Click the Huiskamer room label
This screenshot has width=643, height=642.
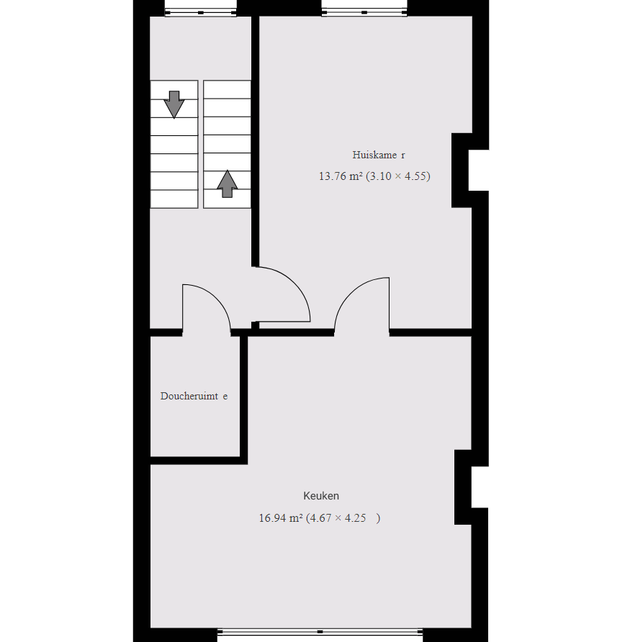click(379, 155)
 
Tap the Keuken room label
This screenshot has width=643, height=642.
click(321, 496)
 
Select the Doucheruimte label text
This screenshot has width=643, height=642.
click(194, 396)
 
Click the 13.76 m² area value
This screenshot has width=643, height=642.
click(341, 176)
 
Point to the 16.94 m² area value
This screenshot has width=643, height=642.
click(281, 518)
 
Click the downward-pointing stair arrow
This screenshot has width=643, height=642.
click(174, 104)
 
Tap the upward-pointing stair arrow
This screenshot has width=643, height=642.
click(228, 184)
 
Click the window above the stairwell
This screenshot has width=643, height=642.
click(200, 13)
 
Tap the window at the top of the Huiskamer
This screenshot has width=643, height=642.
click(364, 13)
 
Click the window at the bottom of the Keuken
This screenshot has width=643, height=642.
click(320, 632)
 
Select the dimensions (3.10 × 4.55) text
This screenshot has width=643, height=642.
click(398, 176)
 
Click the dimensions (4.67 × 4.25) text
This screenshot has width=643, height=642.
click(343, 518)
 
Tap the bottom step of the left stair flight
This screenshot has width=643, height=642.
click(174, 199)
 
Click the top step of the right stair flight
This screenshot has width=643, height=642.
click(228, 89)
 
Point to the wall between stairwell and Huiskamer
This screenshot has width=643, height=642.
click(255, 142)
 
